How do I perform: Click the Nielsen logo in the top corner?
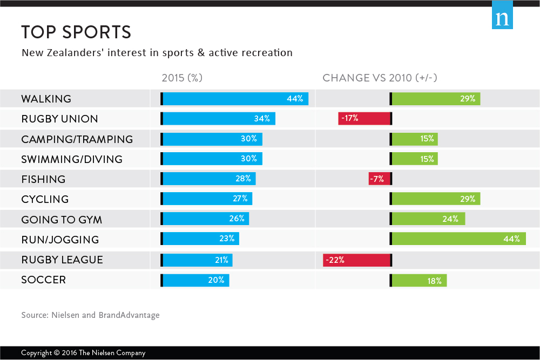502,18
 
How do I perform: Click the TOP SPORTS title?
76,32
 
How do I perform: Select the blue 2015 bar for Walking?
235,99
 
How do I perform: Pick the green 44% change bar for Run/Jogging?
458,239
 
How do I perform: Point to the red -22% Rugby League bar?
356,260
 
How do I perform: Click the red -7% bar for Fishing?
379,179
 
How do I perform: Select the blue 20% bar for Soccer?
195,280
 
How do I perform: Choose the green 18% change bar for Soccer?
419,280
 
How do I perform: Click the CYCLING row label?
45,199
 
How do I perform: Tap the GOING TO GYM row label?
62,220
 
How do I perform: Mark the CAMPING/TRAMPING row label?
77,139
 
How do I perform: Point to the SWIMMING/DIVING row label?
72,159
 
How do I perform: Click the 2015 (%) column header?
182,78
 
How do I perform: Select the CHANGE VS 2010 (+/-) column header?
380,78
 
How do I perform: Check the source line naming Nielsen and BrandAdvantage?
90,315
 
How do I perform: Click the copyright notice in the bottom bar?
83,353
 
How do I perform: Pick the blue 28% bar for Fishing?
208,179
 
